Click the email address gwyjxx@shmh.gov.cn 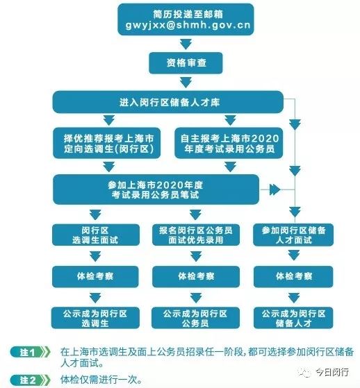point(188,25)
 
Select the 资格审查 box point(186,63)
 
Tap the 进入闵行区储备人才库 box point(167,102)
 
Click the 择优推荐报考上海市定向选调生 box point(107,143)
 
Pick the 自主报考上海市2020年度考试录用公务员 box point(229,143)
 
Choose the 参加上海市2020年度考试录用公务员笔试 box point(156,189)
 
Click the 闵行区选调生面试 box point(96,235)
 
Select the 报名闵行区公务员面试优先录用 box point(196,235)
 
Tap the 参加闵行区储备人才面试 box point(293,235)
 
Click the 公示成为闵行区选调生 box point(95,318)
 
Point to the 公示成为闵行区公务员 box point(195,318)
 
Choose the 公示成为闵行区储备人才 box point(293,318)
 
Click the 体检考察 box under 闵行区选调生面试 point(95,277)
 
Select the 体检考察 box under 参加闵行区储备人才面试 point(293,277)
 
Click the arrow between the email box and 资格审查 point(186,44)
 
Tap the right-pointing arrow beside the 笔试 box point(275,189)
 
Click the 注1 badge point(30,352)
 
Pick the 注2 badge point(30,380)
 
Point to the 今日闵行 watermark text point(332,372)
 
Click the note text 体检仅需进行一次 point(101,380)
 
